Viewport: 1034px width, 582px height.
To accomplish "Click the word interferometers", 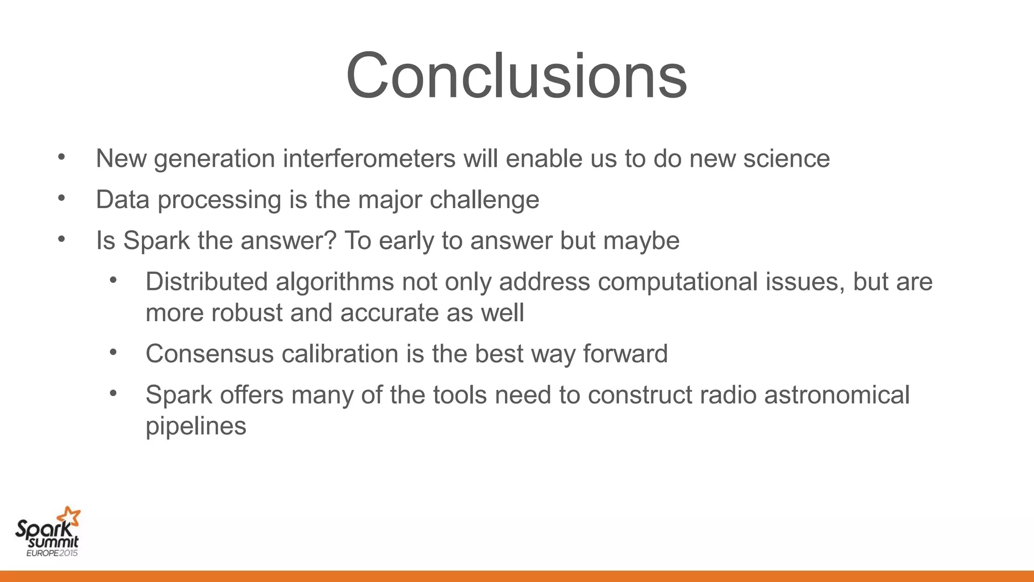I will [x=369, y=159].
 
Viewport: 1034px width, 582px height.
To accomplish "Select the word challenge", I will [x=484, y=200].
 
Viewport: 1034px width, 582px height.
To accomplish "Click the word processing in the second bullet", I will [x=219, y=200].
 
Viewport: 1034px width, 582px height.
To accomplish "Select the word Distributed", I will [x=206, y=281].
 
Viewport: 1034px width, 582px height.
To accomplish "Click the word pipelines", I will [x=196, y=426].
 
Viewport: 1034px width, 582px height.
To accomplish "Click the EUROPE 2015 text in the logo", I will [x=52, y=553].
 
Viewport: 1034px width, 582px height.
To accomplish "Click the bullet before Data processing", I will [x=62, y=199].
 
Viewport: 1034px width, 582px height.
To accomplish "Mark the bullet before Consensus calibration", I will [x=113, y=352].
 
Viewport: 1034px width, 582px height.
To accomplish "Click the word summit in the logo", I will [x=53, y=543].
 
